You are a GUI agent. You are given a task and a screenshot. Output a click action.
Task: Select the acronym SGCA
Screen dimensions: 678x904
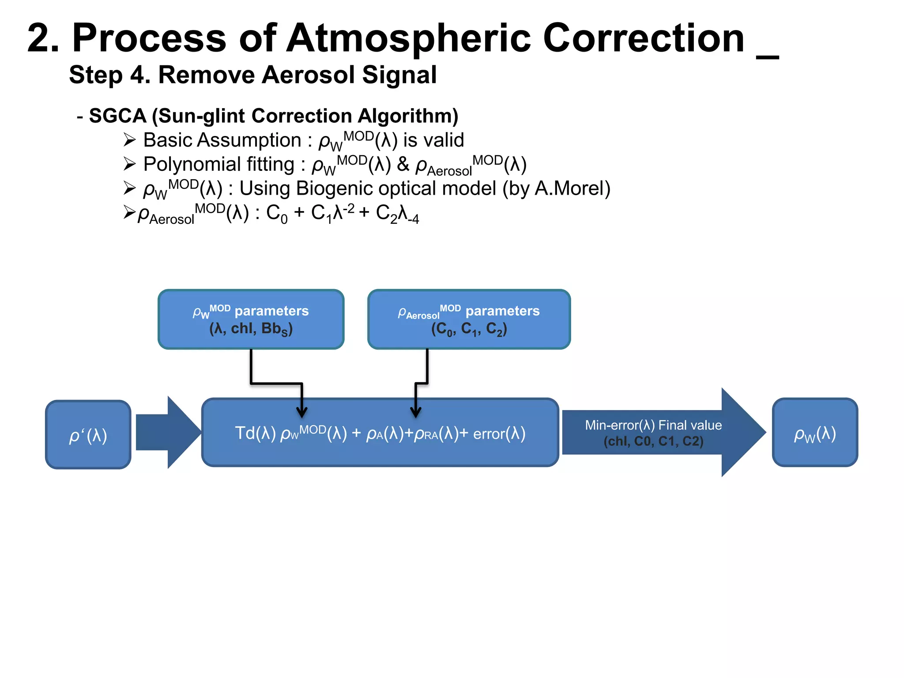click(x=117, y=116)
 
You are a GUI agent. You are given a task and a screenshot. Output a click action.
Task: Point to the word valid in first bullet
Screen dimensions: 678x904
click(x=443, y=140)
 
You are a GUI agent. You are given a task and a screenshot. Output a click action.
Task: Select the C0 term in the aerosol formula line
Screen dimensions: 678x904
click(x=276, y=214)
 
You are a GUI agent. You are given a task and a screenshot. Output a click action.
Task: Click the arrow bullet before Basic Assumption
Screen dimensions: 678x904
click(x=129, y=140)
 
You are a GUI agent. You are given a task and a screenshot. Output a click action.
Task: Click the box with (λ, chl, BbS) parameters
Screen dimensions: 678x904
click(x=251, y=319)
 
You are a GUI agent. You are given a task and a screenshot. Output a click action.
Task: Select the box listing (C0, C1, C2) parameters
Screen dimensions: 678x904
click(x=469, y=319)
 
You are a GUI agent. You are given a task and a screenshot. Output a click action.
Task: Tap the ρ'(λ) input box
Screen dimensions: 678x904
click(x=88, y=435)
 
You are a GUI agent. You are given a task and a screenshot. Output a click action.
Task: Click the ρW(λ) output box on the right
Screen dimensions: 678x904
click(x=815, y=433)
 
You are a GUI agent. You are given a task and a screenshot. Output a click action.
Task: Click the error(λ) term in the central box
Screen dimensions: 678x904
click(x=499, y=433)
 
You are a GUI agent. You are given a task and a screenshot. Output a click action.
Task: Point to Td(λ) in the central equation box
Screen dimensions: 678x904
click(x=255, y=433)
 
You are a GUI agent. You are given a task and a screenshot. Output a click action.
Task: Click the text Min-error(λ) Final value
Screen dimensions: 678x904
click(x=653, y=425)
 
